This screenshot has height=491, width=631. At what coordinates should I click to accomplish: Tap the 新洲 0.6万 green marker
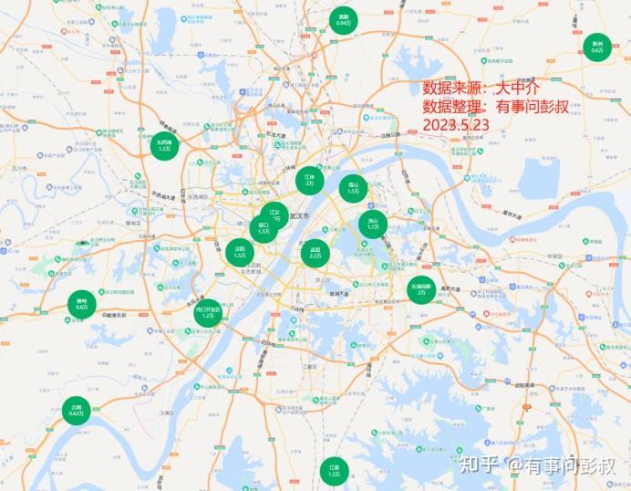click(x=597, y=47)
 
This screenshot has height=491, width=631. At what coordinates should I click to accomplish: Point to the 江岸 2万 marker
click(x=309, y=180)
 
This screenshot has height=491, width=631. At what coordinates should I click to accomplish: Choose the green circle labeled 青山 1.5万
click(x=353, y=188)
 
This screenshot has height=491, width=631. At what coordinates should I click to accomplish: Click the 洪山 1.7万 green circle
click(x=373, y=224)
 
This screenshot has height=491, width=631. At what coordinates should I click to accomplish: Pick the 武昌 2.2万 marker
click(x=315, y=252)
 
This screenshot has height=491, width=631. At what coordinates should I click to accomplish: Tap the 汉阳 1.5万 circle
click(x=240, y=251)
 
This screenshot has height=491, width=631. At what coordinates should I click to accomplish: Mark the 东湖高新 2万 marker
click(x=420, y=290)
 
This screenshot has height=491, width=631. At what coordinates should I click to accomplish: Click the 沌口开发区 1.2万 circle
click(x=208, y=313)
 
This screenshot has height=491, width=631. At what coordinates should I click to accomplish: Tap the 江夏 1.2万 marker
click(x=335, y=471)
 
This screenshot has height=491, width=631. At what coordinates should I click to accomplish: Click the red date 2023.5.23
click(x=456, y=123)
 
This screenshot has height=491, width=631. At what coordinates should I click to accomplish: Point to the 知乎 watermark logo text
click(x=481, y=465)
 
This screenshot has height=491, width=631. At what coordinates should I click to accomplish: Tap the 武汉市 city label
click(x=300, y=216)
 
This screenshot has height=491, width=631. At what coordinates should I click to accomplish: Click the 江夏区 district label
click(x=309, y=366)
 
